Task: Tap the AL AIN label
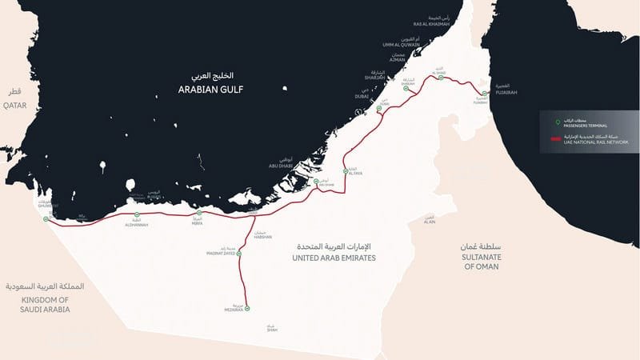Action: (430, 223)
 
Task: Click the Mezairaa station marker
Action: (247, 308)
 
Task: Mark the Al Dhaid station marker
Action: (438, 78)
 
